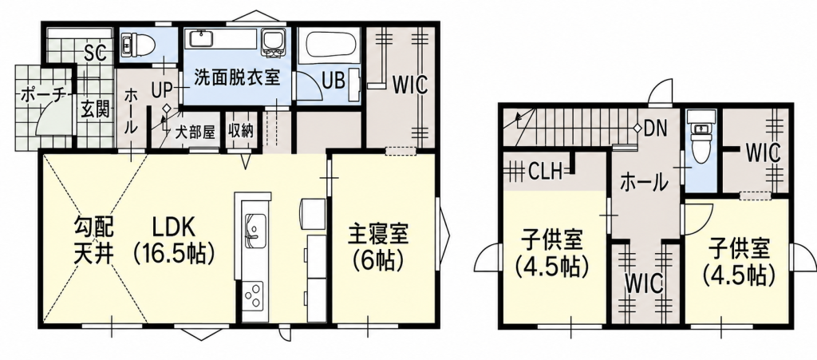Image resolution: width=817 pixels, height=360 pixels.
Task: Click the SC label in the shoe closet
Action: (96, 52)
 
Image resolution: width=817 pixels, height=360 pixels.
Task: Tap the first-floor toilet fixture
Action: (138, 45)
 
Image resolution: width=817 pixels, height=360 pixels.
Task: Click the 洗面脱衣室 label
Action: (238, 77)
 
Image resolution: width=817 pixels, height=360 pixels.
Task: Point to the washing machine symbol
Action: (272, 42)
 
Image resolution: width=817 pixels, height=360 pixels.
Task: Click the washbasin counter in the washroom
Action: (222, 38)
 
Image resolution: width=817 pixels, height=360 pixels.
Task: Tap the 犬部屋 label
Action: (195, 132)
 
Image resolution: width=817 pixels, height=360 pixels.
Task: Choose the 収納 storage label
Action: (241, 131)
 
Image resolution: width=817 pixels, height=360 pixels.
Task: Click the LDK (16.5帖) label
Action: (173, 240)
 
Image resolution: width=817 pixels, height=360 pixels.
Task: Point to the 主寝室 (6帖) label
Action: (378, 247)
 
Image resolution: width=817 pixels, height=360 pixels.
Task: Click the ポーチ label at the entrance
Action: (43, 94)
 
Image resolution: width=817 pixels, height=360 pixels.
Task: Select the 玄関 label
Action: (95, 110)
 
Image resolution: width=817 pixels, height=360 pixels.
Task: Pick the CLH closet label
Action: (544, 170)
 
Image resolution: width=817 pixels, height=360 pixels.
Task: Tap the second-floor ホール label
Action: (644, 183)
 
